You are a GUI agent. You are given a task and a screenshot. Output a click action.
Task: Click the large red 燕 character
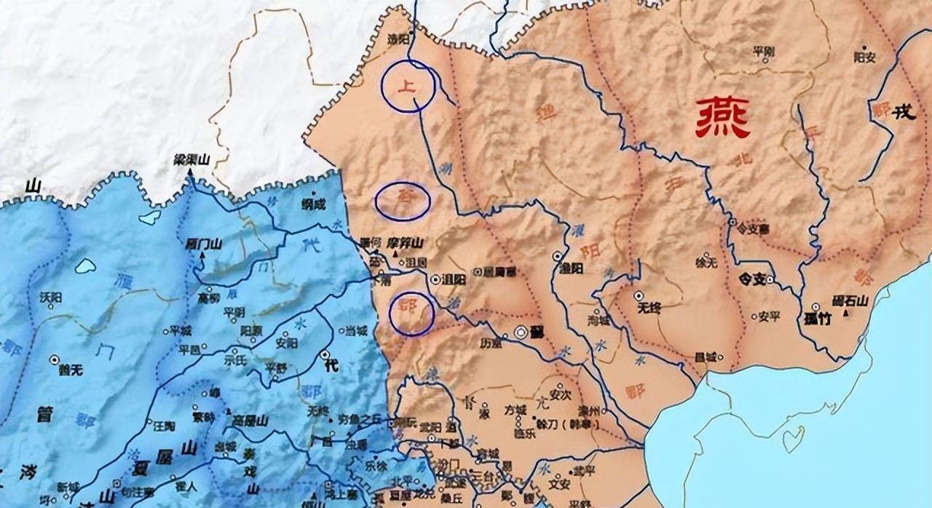(722, 118)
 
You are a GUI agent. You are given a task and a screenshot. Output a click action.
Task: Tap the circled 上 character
(408, 86)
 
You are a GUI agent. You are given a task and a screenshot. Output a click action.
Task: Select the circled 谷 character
(403, 200)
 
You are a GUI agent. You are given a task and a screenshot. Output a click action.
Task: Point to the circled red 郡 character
(411, 313)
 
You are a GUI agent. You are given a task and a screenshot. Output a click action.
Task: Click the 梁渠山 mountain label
(191, 159)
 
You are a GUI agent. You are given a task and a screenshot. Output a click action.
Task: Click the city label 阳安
(864, 56)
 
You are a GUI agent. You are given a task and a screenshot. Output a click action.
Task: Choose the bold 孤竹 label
(818, 318)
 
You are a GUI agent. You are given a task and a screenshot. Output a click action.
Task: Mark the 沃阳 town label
(51, 298)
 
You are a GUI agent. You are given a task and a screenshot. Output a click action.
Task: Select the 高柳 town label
(208, 298)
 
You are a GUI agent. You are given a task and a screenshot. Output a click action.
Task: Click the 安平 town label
(769, 317)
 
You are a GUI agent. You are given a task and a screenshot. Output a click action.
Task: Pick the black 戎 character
(904, 112)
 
